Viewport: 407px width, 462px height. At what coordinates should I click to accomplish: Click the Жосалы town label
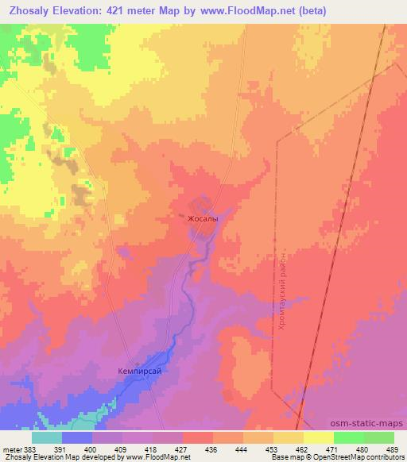(x=202, y=216)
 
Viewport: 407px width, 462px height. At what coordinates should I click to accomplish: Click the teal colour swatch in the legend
(x=47, y=437)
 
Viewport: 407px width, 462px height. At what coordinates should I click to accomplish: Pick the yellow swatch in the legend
(x=318, y=437)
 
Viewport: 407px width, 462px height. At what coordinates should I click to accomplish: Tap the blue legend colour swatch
(x=77, y=437)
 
